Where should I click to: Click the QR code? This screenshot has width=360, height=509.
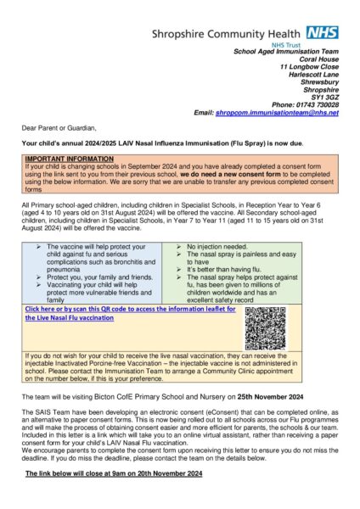(266, 327)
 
